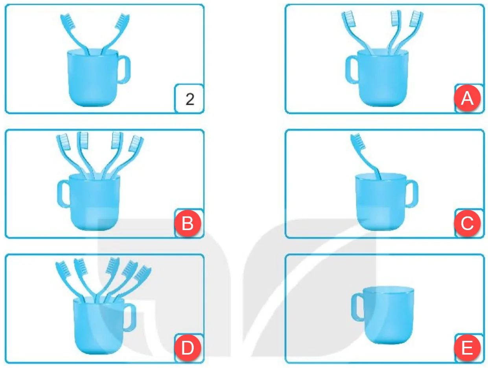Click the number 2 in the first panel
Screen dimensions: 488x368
click(190, 99)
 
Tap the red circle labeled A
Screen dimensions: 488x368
click(467, 98)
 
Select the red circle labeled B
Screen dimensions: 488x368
click(188, 223)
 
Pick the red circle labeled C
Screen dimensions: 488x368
click(467, 223)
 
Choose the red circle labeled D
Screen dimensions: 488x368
click(188, 348)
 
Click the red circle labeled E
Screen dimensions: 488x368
click(467, 348)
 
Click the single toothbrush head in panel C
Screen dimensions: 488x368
click(358, 141)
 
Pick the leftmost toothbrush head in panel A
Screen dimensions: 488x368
click(348, 19)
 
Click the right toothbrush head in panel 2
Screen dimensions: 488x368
click(122, 21)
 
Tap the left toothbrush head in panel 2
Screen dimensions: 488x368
click(68, 21)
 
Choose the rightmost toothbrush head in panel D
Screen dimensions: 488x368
click(143, 273)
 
